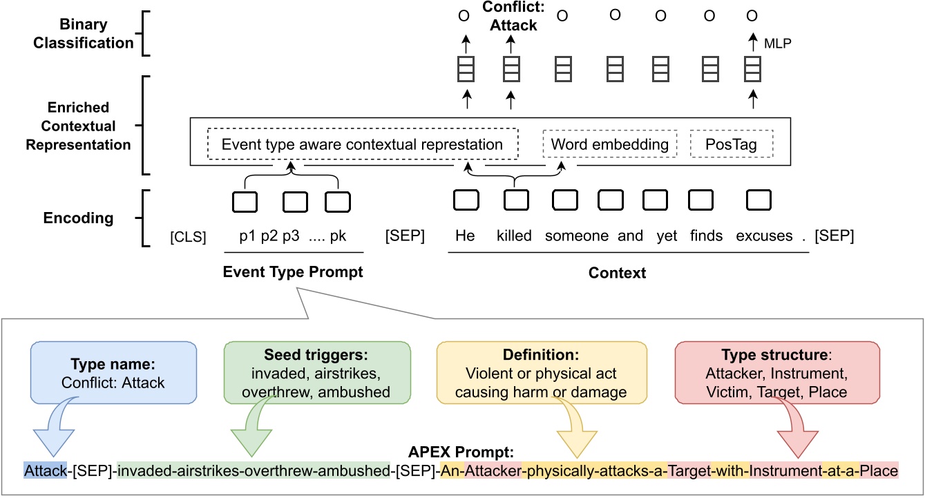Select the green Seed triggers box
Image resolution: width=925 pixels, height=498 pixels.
(317, 372)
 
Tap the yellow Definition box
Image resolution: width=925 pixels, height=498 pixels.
(542, 372)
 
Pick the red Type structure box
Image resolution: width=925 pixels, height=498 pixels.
(776, 372)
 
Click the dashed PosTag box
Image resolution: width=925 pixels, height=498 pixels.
(731, 144)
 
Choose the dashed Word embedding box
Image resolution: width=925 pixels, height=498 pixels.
(609, 144)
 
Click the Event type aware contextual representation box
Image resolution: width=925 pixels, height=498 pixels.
(363, 145)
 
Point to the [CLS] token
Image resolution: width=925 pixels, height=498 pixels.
(188, 236)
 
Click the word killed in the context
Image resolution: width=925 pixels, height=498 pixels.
(514, 236)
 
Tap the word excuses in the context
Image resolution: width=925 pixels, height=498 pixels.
(764, 236)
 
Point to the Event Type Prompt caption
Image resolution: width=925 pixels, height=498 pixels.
(292, 272)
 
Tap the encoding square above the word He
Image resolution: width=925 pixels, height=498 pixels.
(465, 200)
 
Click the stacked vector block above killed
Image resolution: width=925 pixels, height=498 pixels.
(511, 70)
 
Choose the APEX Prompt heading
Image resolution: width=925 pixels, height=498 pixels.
(461, 454)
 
